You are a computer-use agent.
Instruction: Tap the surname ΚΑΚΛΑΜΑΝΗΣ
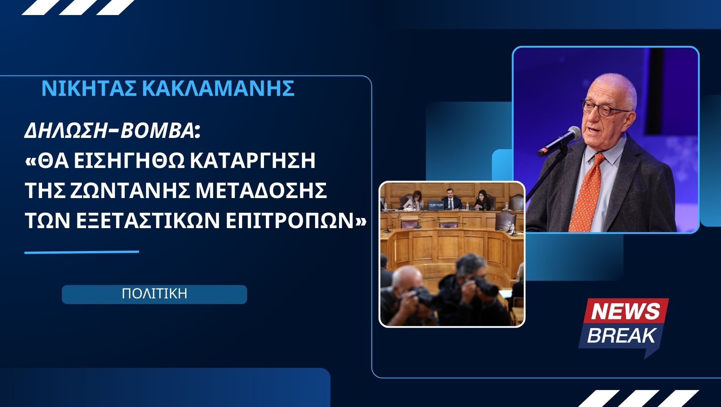point(219,89)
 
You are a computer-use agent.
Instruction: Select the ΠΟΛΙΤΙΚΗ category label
point(154,294)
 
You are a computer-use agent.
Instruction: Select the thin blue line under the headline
point(82,252)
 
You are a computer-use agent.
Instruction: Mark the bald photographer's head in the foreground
point(405,278)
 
